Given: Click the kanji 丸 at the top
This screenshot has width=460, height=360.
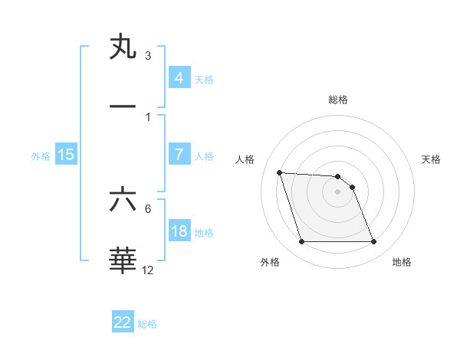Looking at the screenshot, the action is [123, 47].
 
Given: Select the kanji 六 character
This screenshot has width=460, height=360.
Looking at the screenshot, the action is [123, 200].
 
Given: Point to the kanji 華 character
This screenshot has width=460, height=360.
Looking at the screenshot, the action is [123, 259].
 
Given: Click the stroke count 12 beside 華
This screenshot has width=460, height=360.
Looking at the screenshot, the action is [148, 270].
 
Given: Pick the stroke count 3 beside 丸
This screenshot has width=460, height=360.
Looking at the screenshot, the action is [148, 56].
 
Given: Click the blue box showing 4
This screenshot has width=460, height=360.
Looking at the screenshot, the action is [179, 78].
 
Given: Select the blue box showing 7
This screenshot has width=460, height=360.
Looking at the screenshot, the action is [179, 155].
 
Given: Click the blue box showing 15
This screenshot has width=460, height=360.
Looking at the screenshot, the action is [66, 155].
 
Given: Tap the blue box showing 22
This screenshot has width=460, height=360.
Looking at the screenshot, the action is [123, 322].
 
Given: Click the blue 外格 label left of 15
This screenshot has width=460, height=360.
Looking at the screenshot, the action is [41, 156].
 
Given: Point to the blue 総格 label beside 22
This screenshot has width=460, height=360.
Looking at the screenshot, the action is [147, 323].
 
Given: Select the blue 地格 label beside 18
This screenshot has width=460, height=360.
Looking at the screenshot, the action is [204, 233].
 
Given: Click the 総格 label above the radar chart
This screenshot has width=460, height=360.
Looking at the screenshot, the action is [337, 100].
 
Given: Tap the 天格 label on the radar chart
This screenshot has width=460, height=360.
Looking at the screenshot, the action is [431, 159].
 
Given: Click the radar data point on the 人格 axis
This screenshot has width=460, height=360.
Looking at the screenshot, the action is [279, 172].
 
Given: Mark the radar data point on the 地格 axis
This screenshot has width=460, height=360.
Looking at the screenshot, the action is [373, 242].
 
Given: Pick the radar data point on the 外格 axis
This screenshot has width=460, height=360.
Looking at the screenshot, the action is [301, 242].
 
